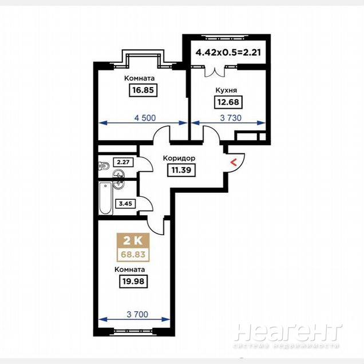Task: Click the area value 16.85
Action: pos(143,90)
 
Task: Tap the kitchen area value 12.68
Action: pos(228,102)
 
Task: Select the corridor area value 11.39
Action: pos(181,170)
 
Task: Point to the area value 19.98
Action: pos(133,282)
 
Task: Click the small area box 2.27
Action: pos(123,162)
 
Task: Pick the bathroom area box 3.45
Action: pos(125,204)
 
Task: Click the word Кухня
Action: pos(226,90)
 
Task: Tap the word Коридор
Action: pos(179,159)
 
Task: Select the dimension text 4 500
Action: pos(145,118)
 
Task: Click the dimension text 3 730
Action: pos(231,118)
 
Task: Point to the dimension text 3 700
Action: pos(137,314)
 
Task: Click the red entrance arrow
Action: pos(234,163)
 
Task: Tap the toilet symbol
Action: pos(104,166)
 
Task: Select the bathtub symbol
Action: pos(106,198)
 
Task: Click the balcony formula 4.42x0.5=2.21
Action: pos(228,52)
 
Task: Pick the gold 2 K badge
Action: pos(133,240)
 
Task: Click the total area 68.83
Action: pos(133,255)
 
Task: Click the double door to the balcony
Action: pos(215,72)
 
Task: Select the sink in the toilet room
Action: pos(118,174)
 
